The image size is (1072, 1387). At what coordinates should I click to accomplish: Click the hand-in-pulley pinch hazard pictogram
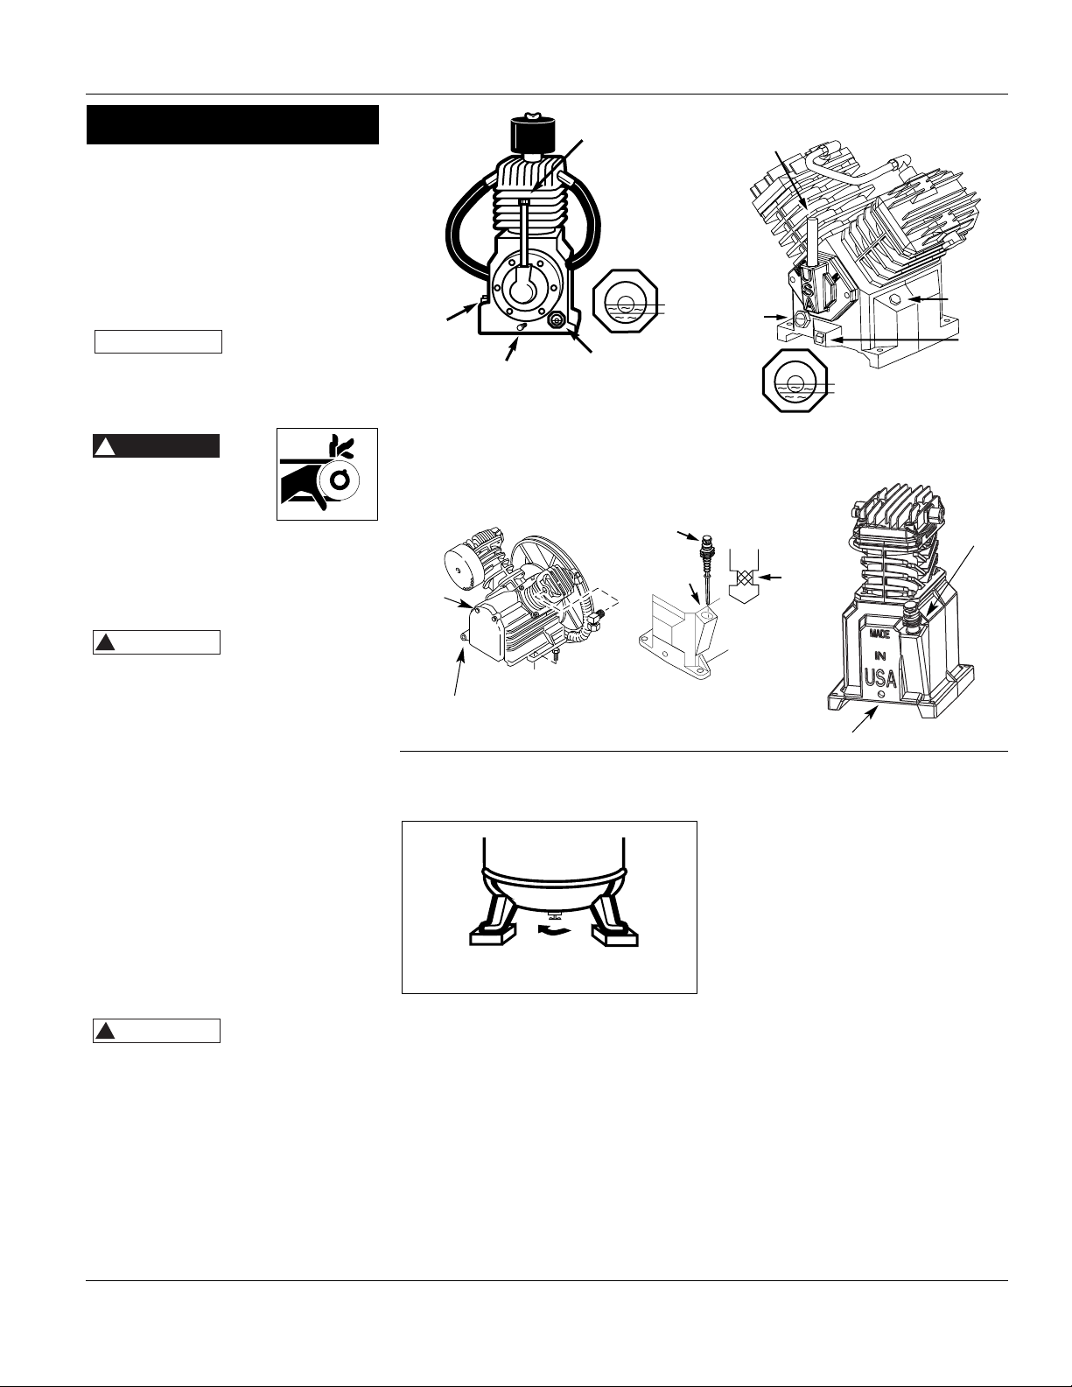point(327,473)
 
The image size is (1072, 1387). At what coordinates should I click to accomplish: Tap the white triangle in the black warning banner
point(104,447)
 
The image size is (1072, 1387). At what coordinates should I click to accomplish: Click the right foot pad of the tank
point(616,938)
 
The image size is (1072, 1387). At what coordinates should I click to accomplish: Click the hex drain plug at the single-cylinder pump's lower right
point(555,321)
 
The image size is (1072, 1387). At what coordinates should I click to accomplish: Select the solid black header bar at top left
point(232,124)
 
